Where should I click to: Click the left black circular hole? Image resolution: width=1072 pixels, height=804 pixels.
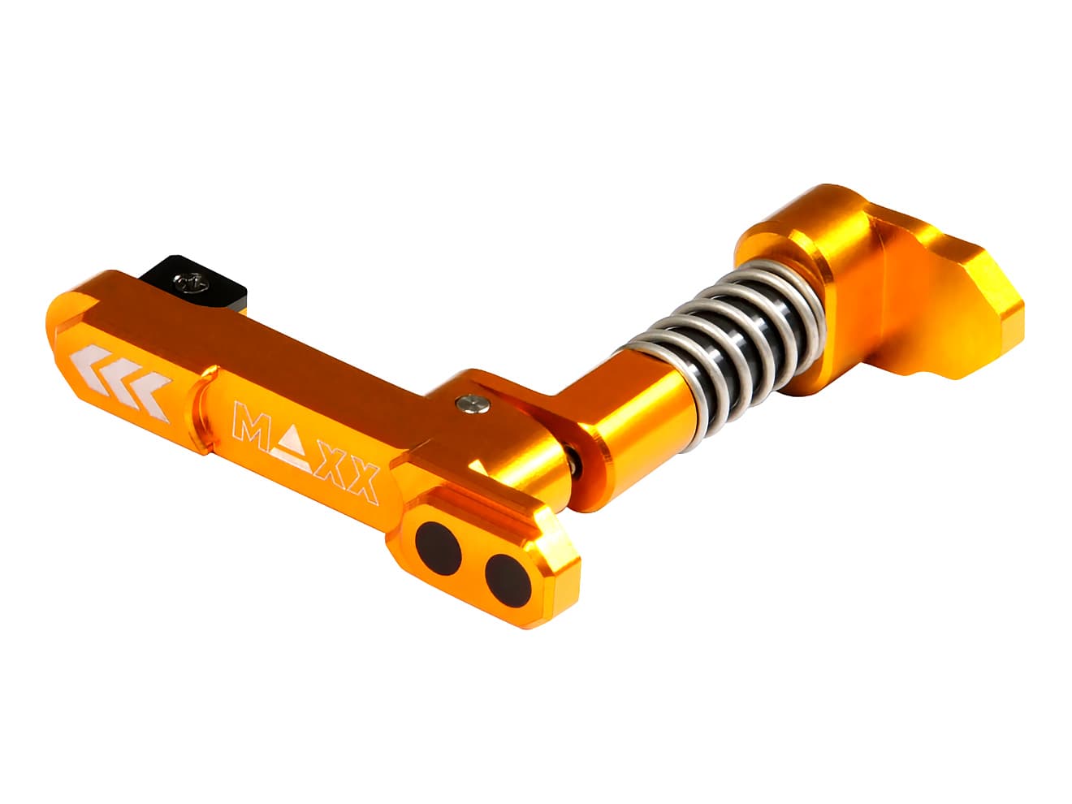click(x=438, y=547)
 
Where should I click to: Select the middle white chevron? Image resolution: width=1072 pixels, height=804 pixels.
click(x=122, y=375)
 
